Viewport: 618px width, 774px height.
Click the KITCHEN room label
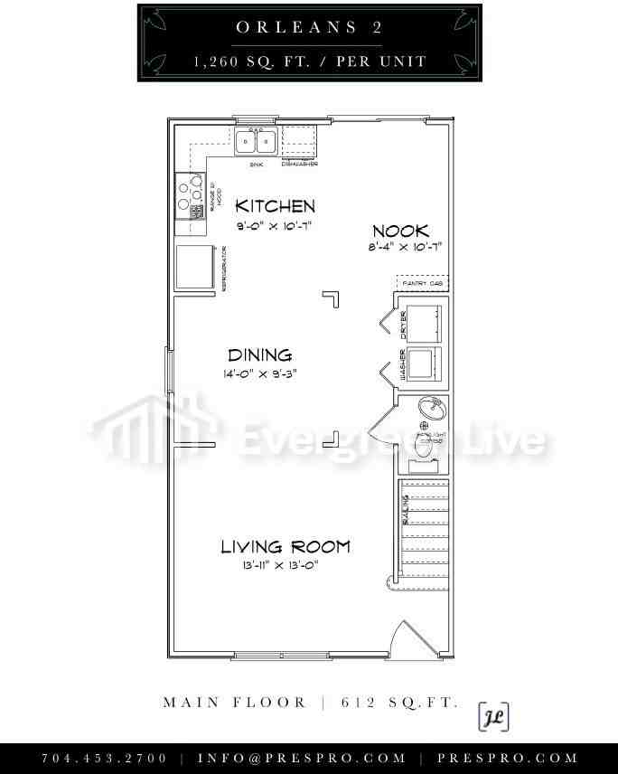coord(275,206)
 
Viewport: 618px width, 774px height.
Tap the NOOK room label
coord(399,231)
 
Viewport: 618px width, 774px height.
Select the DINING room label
coord(259,355)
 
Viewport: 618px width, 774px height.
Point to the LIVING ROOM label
coord(286,546)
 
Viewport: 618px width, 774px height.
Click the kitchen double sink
coord(256,141)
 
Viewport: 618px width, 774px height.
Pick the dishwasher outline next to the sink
coord(298,140)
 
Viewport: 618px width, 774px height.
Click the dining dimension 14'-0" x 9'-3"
coord(259,373)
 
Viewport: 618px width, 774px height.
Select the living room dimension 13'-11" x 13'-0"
coord(280,565)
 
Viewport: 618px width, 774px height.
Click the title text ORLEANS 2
coord(309,27)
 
